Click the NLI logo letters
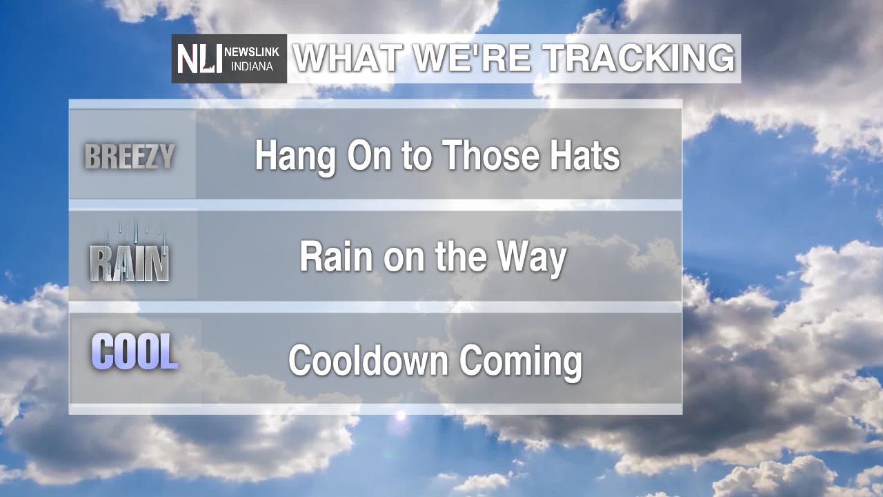pyautogui.click(x=199, y=59)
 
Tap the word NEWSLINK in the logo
pyautogui.click(x=252, y=52)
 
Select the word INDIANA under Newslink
pyautogui.click(x=252, y=66)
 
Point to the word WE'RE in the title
pyautogui.click(x=473, y=58)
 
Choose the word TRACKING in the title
pyautogui.click(x=639, y=58)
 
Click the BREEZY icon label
pyautogui.click(x=130, y=157)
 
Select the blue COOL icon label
pyautogui.click(x=135, y=351)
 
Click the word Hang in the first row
pyautogui.click(x=296, y=157)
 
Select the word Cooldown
pyautogui.click(x=368, y=360)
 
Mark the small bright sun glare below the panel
pyautogui.click(x=401, y=416)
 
